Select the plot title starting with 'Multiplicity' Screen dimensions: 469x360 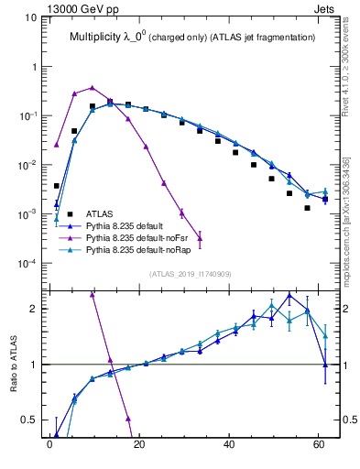click(x=192, y=38)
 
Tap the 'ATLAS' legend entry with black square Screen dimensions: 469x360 click(x=112, y=213)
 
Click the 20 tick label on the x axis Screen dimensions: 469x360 click(x=138, y=446)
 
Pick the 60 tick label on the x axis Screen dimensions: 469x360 click(x=318, y=446)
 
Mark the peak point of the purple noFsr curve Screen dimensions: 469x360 click(x=92, y=88)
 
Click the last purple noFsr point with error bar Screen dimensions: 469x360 click(x=200, y=238)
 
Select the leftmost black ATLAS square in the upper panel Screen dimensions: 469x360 click(x=57, y=186)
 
